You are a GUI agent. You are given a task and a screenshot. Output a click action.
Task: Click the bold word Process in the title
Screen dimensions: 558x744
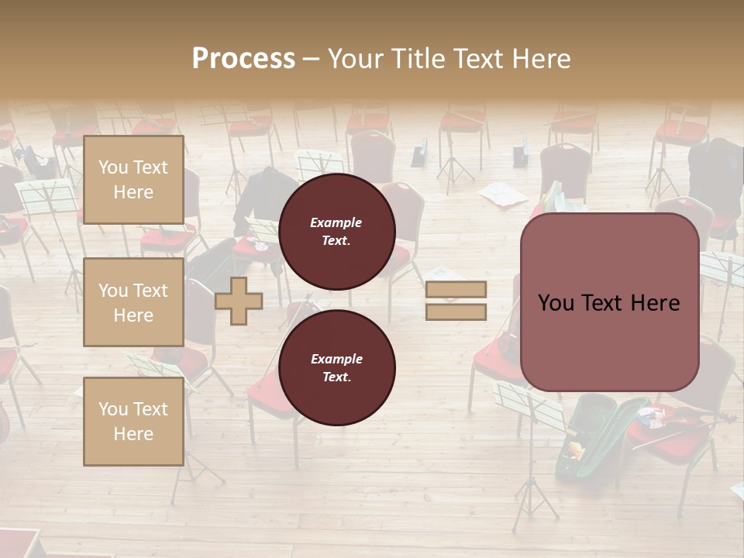243,59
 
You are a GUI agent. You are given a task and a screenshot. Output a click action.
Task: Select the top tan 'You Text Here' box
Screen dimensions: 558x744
133,180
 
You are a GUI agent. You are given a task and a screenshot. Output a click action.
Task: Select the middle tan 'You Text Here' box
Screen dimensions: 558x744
133,302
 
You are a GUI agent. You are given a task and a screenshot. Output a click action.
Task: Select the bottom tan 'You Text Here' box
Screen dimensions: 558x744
133,422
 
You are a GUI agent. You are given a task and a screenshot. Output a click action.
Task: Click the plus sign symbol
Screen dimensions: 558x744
239,301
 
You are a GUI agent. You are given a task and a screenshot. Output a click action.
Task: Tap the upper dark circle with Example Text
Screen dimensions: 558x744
336,231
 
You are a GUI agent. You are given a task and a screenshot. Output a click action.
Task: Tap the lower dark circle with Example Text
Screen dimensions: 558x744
336,367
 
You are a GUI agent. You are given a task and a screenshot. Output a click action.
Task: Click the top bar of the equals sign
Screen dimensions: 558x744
456,289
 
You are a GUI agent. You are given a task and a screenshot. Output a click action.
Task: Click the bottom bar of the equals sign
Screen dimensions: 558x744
456,312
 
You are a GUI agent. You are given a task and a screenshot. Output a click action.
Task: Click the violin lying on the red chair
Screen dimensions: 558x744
682,422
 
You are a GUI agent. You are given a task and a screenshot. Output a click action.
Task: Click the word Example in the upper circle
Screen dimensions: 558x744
336,222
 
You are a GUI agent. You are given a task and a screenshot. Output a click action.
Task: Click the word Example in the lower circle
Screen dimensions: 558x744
336,359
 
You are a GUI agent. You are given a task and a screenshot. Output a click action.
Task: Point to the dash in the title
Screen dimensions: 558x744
311,59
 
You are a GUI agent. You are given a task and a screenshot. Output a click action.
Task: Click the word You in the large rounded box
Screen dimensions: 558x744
556,303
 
